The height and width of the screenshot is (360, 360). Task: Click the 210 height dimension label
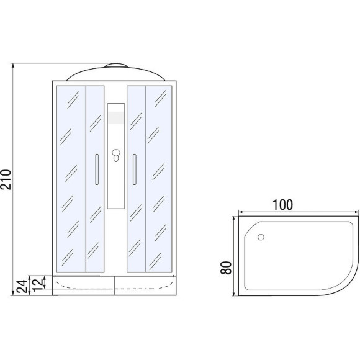coord(6,179)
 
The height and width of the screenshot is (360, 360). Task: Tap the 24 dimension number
coord(24,286)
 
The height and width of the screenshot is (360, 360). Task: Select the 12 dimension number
coord(37,284)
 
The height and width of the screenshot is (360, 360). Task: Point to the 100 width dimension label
coord(282,205)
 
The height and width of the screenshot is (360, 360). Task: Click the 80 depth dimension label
coord(226,268)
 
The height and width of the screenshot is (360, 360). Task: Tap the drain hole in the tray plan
coord(261,237)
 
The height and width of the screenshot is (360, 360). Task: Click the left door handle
coord(97,169)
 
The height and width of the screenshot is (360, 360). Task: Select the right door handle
coord(135,169)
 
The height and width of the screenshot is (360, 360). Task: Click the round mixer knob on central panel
coord(116,153)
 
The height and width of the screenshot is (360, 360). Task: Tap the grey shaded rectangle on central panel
coord(116,118)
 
